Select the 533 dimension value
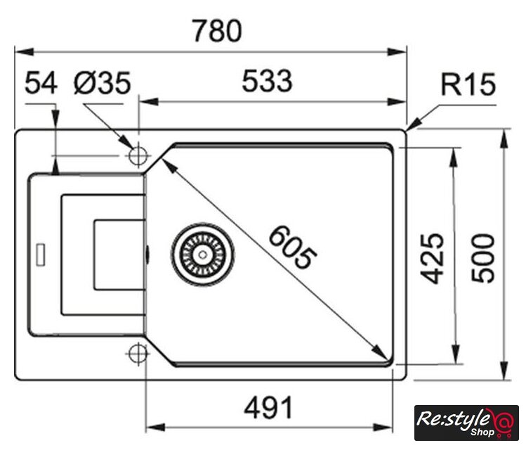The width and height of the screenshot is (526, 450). [x=267, y=82]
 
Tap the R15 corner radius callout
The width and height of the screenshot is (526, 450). [x=468, y=85]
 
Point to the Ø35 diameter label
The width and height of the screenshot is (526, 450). [x=103, y=84]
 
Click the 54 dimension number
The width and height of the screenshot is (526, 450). [x=41, y=84]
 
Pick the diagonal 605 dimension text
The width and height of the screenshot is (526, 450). [x=291, y=246]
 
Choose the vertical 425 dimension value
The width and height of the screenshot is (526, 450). [x=435, y=257]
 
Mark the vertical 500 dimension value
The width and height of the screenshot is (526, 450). [x=483, y=257]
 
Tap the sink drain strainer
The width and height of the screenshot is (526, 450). [x=202, y=253]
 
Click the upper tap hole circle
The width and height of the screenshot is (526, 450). [x=138, y=155]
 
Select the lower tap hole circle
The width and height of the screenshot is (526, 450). [x=138, y=353]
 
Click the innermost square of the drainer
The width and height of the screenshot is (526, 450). [x=119, y=254]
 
